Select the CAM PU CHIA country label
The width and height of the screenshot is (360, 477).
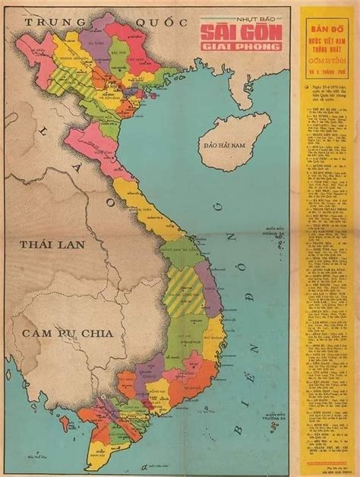[x=67, y=334]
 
